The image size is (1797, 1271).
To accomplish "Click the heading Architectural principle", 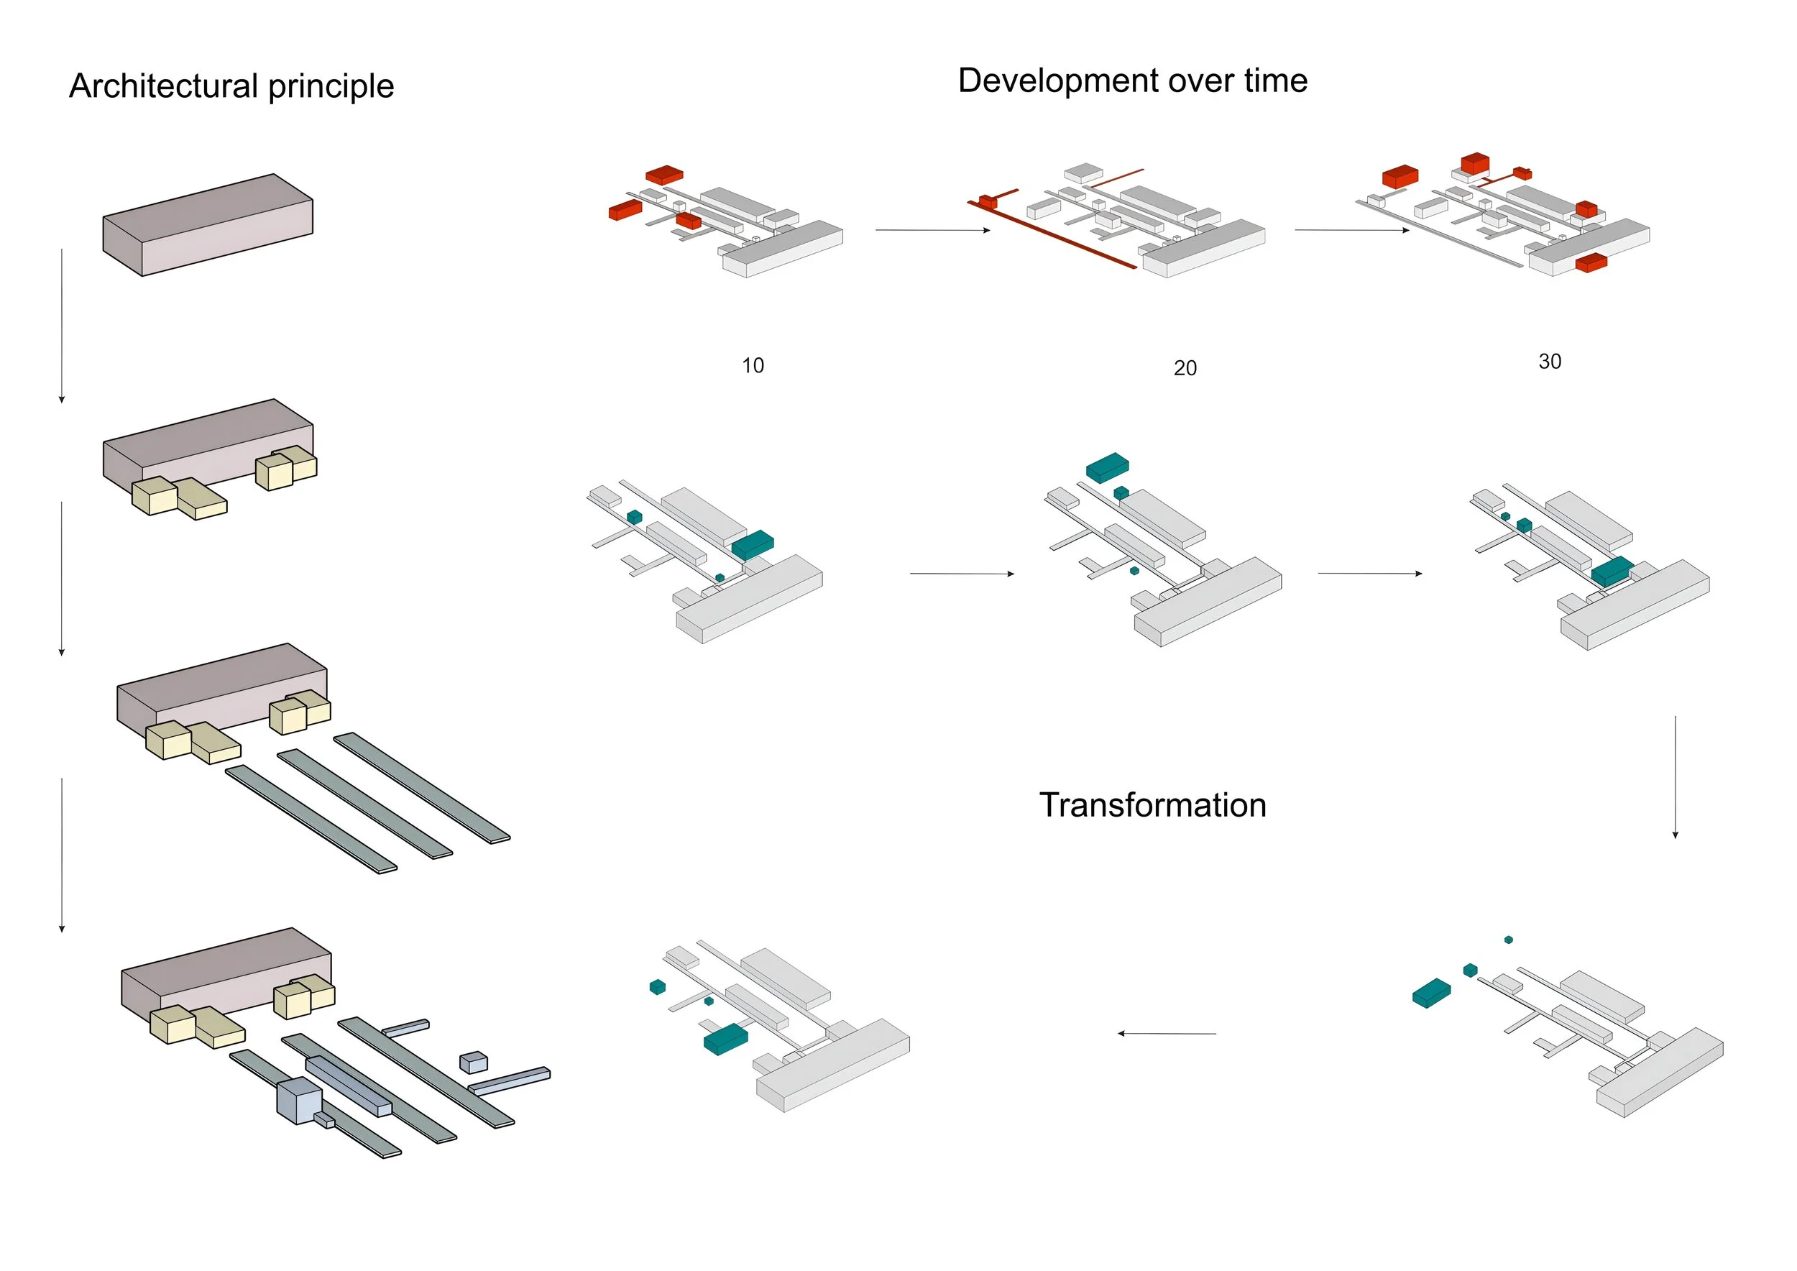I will tap(231, 86).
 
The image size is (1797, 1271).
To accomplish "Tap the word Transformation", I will tap(1152, 805).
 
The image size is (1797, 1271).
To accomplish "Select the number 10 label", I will tap(752, 365).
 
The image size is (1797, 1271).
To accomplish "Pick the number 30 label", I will tap(1549, 362).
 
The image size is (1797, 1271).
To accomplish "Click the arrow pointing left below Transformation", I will tap(1166, 1034).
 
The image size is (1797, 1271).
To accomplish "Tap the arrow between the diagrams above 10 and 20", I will tap(932, 230).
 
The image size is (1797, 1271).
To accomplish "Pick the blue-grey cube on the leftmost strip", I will tap(299, 1101).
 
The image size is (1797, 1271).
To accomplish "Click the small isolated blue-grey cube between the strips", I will tap(473, 1062).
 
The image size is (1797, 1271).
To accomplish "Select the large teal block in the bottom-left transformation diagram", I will tap(725, 1040).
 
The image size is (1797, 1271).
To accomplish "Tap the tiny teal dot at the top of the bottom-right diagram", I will tap(1508, 940).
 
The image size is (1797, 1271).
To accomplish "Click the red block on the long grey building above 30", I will tap(1591, 263).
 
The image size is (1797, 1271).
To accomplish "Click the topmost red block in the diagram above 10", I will tap(663, 175).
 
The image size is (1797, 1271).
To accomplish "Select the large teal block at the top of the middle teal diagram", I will tap(1107, 467).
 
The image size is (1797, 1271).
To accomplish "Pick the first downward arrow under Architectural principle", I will tap(62, 326).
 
